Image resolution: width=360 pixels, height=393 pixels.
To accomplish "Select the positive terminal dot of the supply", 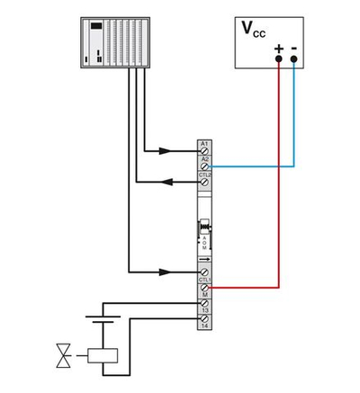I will (x=279, y=59).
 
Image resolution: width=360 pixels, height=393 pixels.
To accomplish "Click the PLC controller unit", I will (x=117, y=42).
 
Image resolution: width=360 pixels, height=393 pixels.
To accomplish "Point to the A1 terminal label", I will (x=205, y=144).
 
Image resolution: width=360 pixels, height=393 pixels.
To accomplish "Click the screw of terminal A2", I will (x=205, y=166).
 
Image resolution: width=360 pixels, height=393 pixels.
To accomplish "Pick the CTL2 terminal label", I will (x=205, y=174).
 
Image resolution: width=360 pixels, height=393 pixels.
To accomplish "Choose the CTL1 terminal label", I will (x=205, y=280).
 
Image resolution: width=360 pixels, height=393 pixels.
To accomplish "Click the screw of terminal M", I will (x=205, y=289).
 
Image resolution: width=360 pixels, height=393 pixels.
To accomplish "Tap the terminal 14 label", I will (x=205, y=327).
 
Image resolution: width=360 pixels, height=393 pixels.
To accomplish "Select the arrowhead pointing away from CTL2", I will (x=167, y=182).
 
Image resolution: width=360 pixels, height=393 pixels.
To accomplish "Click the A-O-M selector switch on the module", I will (x=205, y=232).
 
